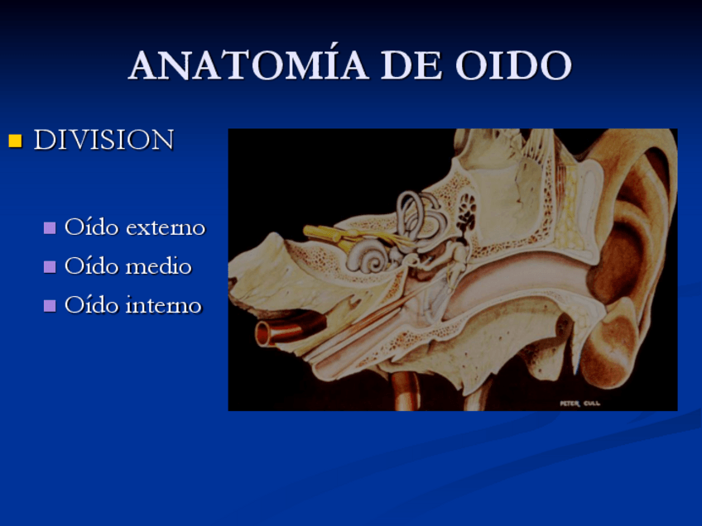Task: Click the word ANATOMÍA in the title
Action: click(x=248, y=64)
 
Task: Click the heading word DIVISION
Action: click(x=103, y=140)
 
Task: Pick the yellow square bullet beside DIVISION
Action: click(x=15, y=141)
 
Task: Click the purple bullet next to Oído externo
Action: click(x=50, y=227)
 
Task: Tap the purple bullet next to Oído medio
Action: click(x=50, y=266)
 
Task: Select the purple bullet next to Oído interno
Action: click(x=50, y=305)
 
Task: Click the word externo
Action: click(x=166, y=227)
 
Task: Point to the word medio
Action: click(x=159, y=266)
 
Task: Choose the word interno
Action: click(x=163, y=305)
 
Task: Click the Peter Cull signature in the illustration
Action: click(x=579, y=404)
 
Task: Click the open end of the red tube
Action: click(x=262, y=334)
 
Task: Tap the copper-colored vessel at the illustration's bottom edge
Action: click(x=406, y=391)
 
